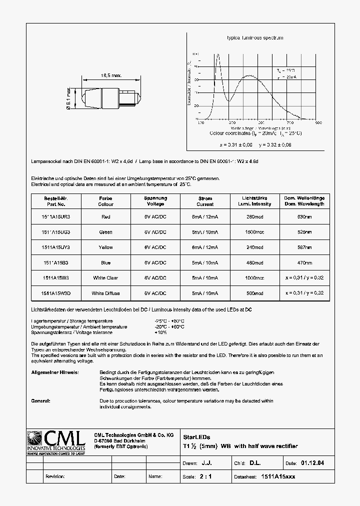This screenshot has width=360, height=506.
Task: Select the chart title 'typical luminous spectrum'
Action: click(255, 38)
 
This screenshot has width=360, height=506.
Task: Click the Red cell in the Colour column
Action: click(105, 217)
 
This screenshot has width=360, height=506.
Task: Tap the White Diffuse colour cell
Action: click(105, 293)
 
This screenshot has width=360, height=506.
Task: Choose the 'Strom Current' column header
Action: click(205, 201)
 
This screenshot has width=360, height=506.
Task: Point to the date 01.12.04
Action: click(312, 463)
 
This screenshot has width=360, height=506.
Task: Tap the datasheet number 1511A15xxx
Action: click(278, 476)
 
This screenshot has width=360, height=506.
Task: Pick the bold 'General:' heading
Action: click(41, 401)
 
